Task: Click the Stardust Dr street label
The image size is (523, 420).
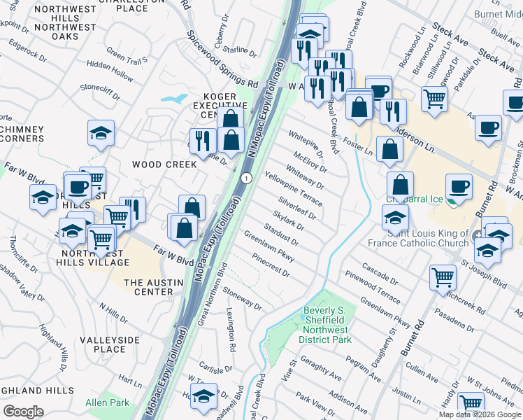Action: pos(282,234)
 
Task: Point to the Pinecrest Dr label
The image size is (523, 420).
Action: pos(271,266)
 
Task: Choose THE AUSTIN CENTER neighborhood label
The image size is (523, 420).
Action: pos(153,287)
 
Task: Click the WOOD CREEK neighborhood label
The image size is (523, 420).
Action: pos(165,164)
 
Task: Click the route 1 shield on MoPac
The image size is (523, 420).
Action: pos(246,179)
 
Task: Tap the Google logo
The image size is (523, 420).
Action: pos(22,411)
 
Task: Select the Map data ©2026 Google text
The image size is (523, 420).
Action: pos(480,414)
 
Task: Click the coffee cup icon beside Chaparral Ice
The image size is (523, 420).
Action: pos(459,187)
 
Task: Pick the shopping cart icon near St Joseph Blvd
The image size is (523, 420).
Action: pos(443,278)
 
